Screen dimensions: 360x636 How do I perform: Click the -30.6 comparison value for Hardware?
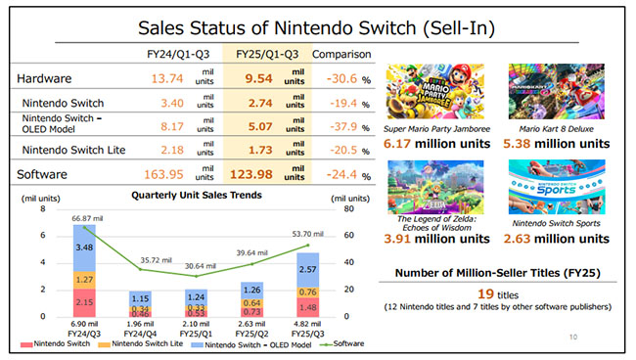[x=333, y=77]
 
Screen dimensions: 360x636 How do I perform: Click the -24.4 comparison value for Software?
[x=333, y=173]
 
